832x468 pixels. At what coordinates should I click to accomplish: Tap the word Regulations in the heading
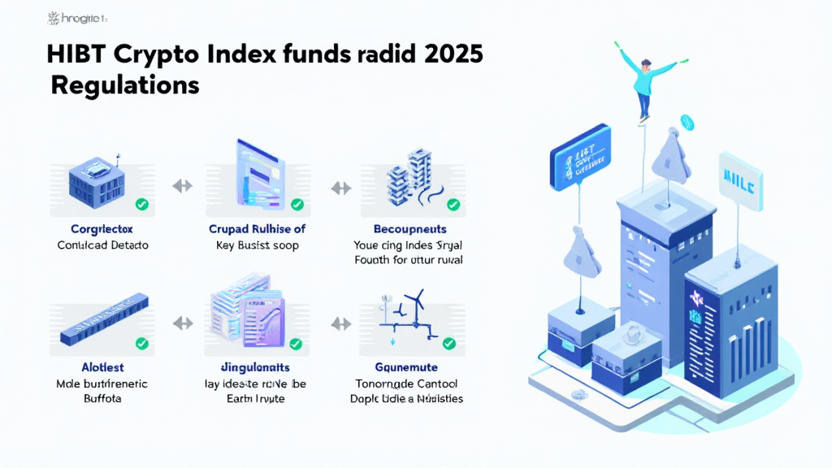125,84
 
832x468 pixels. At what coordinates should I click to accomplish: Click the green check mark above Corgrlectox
141,205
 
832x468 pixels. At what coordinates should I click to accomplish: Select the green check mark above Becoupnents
453,205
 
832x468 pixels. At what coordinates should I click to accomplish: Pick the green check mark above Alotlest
141,344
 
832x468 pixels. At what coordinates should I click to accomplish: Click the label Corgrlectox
102,229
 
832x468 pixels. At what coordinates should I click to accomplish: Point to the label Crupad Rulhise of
258,229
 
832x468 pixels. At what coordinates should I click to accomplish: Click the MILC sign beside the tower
738,179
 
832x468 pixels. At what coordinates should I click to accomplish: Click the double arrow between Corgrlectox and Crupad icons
182,186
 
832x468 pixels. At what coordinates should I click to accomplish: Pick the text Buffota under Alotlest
102,399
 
